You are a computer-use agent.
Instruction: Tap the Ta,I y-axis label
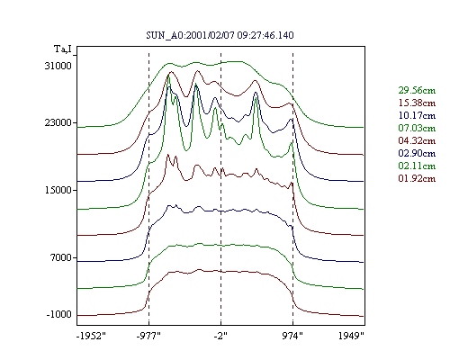(63, 49)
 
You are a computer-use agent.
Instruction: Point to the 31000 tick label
(58, 66)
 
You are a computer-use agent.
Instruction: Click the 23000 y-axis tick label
(58, 122)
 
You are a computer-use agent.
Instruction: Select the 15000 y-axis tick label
(58, 190)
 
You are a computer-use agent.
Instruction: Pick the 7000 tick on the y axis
(61, 257)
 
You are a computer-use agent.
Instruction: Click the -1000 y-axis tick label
(58, 314)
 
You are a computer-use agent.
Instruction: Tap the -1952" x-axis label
(92, 336)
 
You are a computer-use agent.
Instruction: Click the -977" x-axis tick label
(148, 336)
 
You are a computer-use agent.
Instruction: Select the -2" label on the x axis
(220, 336)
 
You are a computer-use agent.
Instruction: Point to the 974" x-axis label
(292, 336)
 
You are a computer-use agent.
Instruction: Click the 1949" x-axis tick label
(351, 336)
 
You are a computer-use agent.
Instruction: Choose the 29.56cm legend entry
(417, 90)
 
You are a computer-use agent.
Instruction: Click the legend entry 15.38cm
(417, 103)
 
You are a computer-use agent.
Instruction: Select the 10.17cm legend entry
(417, 115)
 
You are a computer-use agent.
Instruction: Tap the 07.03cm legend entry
(417, 128)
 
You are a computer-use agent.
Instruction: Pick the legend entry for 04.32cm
(417, 140)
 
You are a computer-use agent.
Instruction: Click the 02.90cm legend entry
(417, 153)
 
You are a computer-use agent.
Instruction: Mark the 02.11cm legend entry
(417, 166)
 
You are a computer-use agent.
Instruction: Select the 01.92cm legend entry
(417, 178)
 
